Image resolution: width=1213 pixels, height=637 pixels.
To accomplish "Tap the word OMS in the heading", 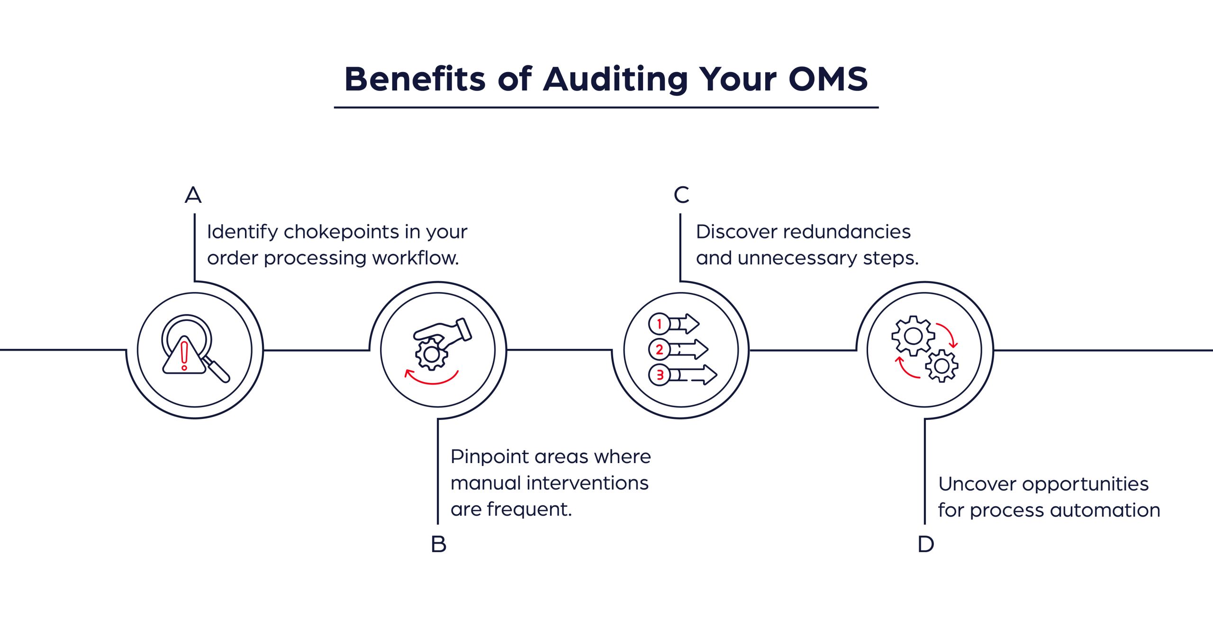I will pos(828,79).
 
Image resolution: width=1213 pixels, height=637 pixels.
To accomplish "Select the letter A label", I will pos(193,195).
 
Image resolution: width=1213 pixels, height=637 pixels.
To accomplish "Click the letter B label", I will pos(438,544).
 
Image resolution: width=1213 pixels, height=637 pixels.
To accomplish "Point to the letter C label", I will pos(681,195).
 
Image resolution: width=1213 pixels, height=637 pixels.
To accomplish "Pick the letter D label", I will pos(925,544).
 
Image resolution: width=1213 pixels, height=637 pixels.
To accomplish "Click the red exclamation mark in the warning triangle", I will pos(184,355).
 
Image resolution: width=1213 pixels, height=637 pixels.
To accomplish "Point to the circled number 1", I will pos(659,324).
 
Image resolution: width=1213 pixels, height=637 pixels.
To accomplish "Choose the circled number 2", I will pos(659,350).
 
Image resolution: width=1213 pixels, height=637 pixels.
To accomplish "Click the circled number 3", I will pos(659,375).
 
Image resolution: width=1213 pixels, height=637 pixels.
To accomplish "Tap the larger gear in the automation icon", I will pos(913,336).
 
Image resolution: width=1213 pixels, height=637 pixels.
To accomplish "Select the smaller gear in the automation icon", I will pos(941,366).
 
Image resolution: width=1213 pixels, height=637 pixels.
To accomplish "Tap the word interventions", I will pos(587,483).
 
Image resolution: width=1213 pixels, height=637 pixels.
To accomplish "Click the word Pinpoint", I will pos(489,457).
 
